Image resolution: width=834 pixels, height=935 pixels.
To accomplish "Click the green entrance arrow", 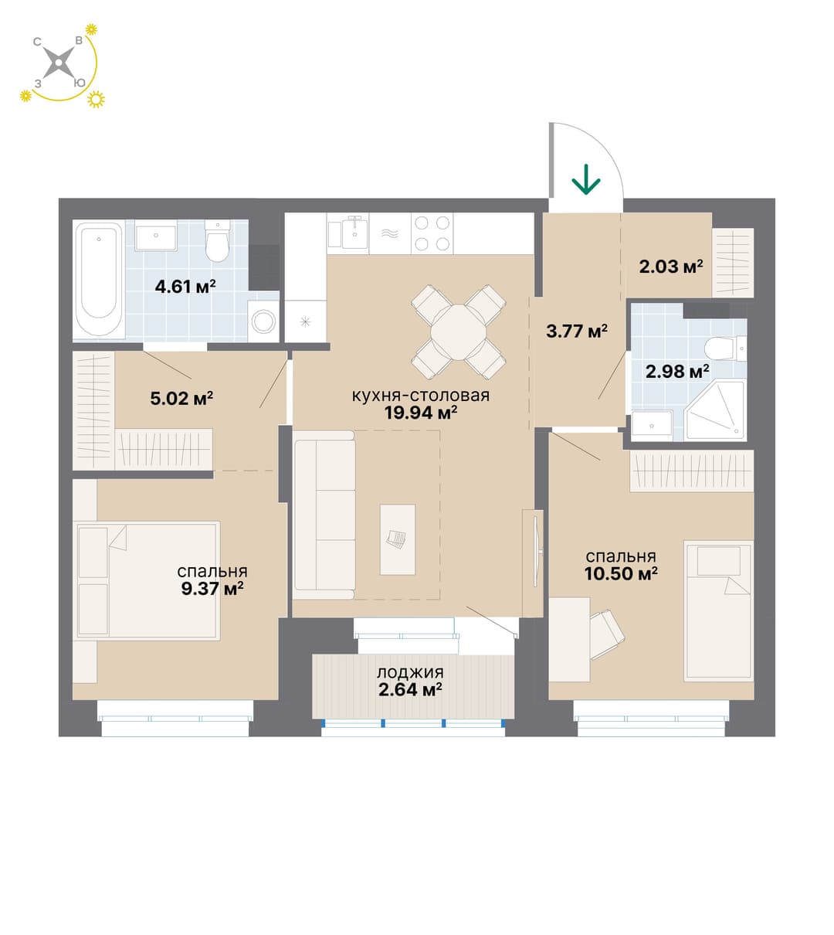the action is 586,179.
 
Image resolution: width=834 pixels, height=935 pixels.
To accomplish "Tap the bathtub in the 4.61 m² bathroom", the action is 99,280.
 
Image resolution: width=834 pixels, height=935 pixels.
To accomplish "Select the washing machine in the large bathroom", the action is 263,321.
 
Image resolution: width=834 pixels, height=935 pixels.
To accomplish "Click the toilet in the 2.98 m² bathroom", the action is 724,348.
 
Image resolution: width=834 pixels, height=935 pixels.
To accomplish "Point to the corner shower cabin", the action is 715,410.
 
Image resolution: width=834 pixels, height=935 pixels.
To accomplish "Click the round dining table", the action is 458,332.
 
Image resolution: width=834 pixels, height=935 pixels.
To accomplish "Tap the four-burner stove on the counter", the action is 432,233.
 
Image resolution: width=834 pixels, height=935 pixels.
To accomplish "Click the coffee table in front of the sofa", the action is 397,539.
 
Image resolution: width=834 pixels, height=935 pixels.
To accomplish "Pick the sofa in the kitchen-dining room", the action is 324,515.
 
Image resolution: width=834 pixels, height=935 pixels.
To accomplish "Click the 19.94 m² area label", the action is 421,413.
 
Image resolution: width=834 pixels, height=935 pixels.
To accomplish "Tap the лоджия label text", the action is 410,672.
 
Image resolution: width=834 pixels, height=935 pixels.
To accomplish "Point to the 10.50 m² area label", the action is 621,573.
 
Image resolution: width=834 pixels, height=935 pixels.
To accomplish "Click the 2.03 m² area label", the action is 671,267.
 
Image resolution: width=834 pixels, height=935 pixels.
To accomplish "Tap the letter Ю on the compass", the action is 80,83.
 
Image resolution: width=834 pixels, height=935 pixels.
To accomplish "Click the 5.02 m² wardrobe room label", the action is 181,398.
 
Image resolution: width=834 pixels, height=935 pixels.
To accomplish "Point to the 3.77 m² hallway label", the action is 577,331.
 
